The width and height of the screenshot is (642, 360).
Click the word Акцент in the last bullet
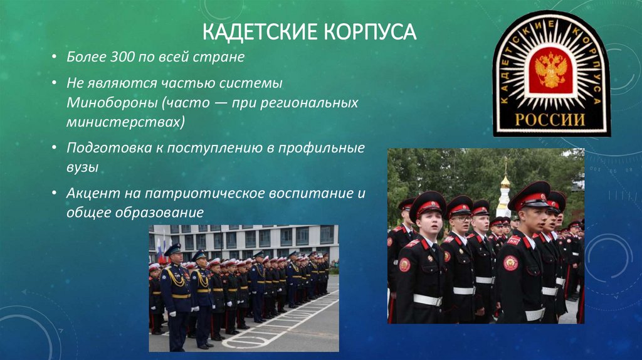[88, 194]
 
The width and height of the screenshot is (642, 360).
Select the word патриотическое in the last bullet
[187, 194]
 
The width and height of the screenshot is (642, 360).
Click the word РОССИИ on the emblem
[551, 119]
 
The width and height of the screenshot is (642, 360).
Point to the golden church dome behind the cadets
[505, 181]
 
